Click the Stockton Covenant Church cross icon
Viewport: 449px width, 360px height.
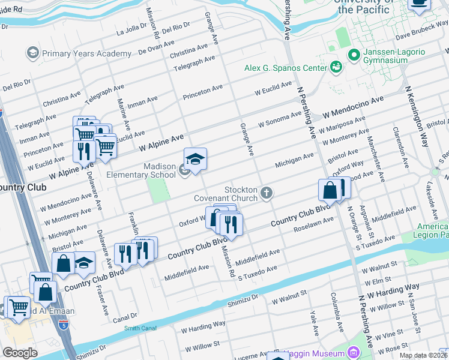(x=267, y=193)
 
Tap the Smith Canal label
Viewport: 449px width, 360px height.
(x=139, y=328)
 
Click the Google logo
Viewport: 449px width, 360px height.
(x=20, y=353)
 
